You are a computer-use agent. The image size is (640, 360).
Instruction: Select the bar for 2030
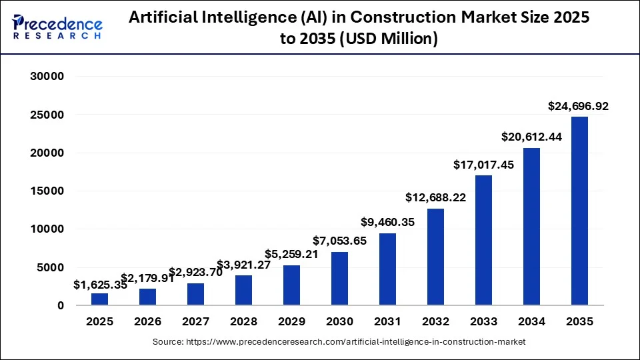(339, 278)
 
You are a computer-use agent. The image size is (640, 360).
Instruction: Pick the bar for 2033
(483, 240)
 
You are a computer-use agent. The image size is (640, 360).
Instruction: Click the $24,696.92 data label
(577, 106)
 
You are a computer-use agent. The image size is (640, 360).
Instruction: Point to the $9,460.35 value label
(387, 223)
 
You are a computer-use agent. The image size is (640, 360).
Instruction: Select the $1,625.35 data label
(99, 285)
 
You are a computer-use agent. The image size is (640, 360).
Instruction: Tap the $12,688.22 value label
(435, 198)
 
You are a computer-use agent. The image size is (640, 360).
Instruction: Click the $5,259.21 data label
(291, 254)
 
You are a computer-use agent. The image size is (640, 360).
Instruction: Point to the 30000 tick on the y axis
(47, 77)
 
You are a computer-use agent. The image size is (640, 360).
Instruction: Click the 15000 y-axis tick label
(47, 191)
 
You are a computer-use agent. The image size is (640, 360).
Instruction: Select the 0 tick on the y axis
(59, 306)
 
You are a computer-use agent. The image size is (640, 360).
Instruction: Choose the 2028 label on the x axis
(243, 322)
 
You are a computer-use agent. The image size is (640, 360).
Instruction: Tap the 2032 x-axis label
(435, 322)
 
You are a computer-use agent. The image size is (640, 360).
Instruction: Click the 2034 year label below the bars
(531, 322)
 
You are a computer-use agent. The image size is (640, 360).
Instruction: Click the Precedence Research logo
(57, 27)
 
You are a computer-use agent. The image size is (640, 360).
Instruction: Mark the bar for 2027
(195, 294)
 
